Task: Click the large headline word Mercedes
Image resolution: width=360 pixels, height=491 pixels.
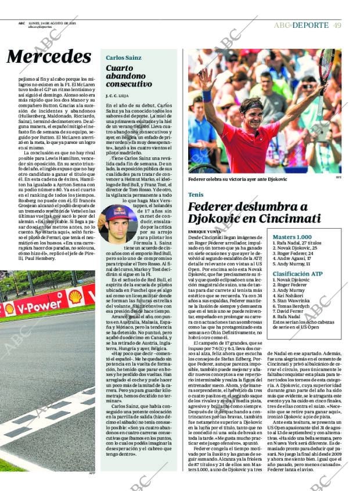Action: pos(49,56)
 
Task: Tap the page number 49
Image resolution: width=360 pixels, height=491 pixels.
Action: pos(337,25)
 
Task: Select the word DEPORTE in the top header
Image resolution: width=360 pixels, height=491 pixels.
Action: pos(310,25)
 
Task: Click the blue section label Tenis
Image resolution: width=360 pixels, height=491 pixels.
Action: pos(196,194)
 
